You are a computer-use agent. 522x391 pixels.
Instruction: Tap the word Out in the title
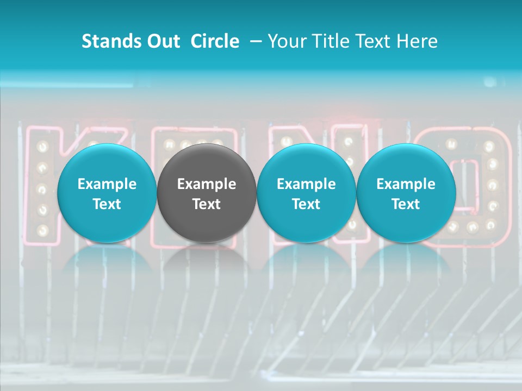pos(161,41)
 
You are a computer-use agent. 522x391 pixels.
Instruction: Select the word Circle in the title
pos(215,41)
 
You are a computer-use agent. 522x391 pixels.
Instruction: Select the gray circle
pos(207,193)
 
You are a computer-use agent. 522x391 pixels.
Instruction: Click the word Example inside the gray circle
pos(207,184)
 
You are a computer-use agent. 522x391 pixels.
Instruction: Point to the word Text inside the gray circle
pos(207,204)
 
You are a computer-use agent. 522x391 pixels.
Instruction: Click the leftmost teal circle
pos(107,193)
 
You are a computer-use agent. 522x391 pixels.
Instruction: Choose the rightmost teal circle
pos(406,193)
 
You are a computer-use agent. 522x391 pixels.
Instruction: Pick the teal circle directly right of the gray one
pos(306,193)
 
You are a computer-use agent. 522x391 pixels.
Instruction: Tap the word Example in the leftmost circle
pos(107,184)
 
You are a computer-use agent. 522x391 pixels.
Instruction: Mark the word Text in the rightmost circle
pos(406,204)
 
